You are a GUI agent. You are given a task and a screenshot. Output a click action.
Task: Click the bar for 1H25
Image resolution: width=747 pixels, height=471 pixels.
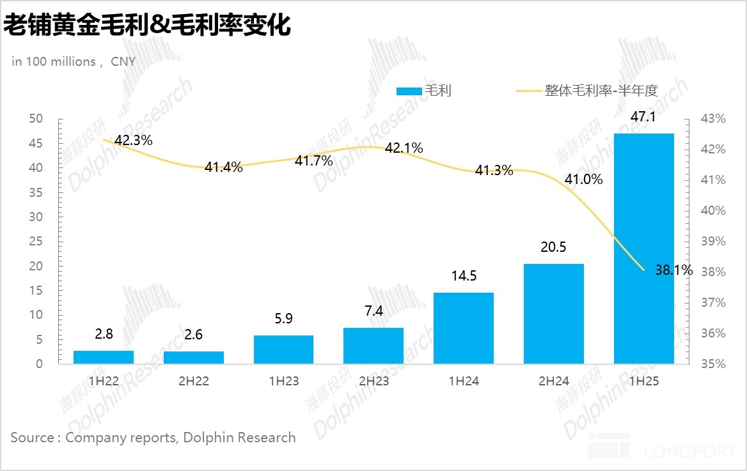point(643,249)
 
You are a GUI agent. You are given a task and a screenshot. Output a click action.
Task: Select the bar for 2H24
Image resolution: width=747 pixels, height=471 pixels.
point(554,314)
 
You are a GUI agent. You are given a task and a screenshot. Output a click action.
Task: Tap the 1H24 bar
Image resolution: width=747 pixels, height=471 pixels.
point(464,328)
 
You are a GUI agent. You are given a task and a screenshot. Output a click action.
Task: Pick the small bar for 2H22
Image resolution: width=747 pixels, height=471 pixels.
point(194,358)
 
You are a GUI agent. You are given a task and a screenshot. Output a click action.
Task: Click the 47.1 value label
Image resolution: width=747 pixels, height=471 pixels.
point(643,117)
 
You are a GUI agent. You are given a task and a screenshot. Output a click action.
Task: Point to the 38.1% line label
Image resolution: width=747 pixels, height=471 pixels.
point(674,270)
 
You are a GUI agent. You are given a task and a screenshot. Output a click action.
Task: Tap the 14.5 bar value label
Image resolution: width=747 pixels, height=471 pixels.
point(464,276)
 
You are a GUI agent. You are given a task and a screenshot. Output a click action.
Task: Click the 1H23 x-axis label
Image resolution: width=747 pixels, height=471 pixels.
point(284,382)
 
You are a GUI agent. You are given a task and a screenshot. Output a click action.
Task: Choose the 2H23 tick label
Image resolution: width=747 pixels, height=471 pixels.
point(373,382)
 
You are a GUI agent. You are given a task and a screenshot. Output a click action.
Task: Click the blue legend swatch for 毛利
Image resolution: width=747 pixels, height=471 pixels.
point(409,91)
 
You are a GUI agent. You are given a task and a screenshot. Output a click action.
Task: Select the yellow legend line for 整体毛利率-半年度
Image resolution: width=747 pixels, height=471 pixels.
point(528,91)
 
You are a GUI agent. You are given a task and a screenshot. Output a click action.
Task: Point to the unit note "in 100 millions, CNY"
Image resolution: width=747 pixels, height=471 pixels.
point(74,62)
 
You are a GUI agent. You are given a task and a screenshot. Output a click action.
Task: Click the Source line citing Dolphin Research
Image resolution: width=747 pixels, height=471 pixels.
point(153,438)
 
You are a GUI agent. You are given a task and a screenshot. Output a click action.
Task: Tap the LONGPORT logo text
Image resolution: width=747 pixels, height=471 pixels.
point(689,452)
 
